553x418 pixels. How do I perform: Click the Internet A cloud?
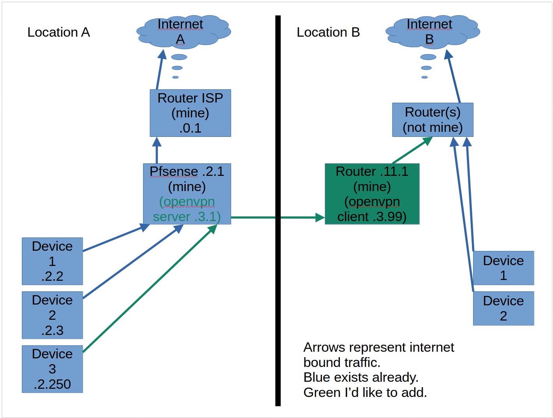click(184, 32)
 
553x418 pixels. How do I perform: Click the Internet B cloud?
click(433, 32)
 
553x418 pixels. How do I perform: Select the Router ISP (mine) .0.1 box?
click(190, 113)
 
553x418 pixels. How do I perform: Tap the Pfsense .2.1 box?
click(187, 194)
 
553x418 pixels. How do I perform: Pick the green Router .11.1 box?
click(372, 194)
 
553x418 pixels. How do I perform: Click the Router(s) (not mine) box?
click(433, 120)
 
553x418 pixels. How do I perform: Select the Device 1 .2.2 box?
click(52, 261)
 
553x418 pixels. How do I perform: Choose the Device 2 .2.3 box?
click(52, 315)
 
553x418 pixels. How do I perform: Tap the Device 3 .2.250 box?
click(52, 369)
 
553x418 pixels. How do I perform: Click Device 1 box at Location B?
click(504, 268)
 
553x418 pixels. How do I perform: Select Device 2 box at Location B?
click(504, 308)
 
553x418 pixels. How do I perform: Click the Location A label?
click(58, 32)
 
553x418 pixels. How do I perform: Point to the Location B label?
click(328, 32)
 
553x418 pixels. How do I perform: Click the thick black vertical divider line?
click(278, 211)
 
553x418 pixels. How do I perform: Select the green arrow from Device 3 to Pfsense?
click(150, 288)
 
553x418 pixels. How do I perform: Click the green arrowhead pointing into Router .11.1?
click(320, 217)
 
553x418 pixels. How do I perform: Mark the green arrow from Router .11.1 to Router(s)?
click(412, 150)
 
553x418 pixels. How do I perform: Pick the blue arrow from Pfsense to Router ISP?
click(157, 150)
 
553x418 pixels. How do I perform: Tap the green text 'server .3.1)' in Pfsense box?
click(187, 217)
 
